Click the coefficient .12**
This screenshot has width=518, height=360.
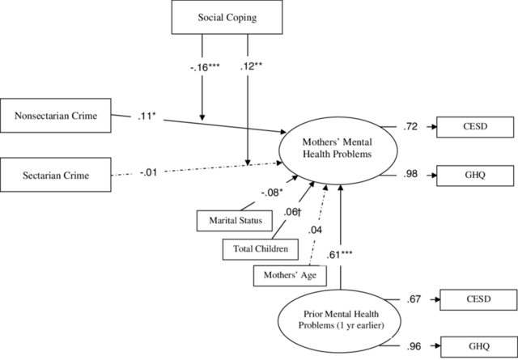(x=251, y=66)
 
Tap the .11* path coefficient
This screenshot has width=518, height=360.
(x=146, y=116)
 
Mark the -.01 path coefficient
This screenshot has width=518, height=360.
(x=148, y=172)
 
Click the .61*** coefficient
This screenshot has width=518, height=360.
(x=340, y=255)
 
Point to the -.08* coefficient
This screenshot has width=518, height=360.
(x=272, y=193)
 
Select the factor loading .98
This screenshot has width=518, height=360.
(x=410, y=174)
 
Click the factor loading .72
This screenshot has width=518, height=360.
(x=410, y=126)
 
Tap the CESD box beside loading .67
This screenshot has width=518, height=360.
(x=478, y=299)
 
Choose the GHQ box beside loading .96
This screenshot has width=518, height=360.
(x=479, y=347)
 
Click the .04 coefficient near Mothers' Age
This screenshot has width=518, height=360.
(x=315, y=231)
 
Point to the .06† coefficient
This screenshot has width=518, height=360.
(x=292, y=213)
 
